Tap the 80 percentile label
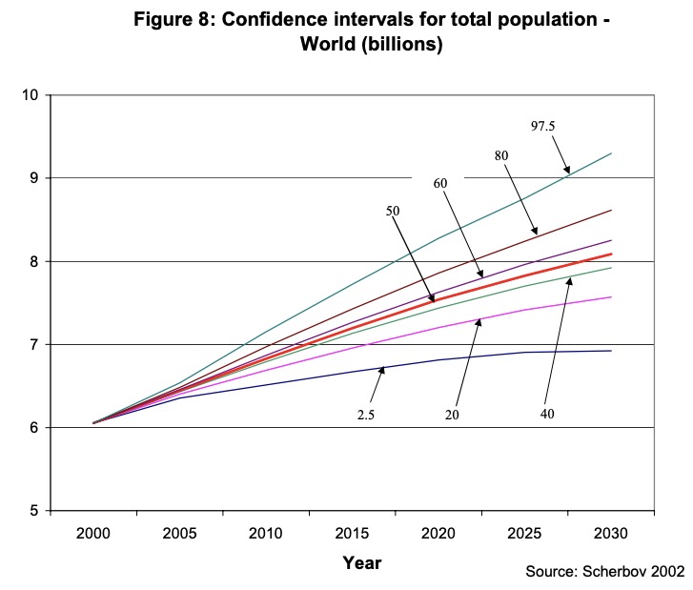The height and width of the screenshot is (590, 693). [500, 154]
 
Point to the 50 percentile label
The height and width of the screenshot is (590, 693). [392, 210]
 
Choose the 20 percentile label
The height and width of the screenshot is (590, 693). [453, 415]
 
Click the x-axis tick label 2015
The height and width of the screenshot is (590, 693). [352, 533]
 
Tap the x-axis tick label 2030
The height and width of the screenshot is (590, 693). [611, 533]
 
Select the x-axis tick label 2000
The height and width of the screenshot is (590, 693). [93, 533]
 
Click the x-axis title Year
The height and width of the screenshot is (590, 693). [362, 562]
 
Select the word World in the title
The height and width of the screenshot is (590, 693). [326, 45]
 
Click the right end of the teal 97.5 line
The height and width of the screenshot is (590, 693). [611, 153]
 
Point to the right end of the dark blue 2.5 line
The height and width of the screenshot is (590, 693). [611, 351]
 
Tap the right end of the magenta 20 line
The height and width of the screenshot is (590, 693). [611, 296]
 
